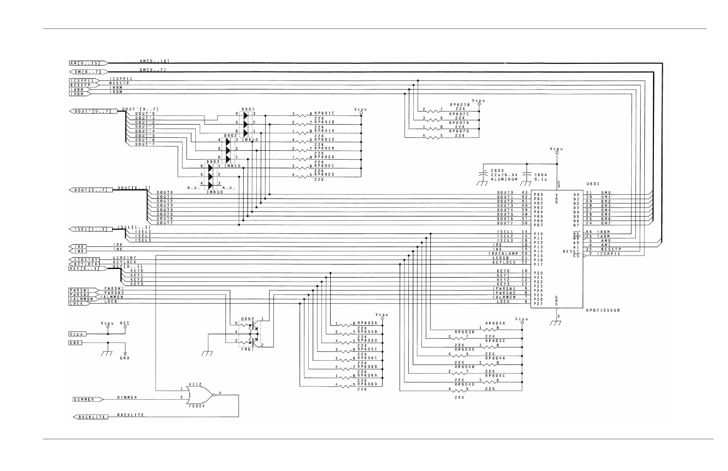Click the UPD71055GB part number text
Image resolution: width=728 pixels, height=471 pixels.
[603, 310]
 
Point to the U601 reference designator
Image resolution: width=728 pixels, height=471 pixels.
[593, 184]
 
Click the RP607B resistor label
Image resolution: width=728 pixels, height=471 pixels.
[459, 105]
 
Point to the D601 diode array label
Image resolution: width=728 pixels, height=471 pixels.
[248, 109]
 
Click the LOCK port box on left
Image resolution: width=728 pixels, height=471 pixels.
[78, 303]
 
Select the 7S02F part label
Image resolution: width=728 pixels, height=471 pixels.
[197, 406]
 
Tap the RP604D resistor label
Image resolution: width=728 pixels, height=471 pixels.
[465, 384]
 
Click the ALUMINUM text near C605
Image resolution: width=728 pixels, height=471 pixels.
[504, 180]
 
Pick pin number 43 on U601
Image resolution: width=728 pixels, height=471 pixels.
[525, 193]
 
